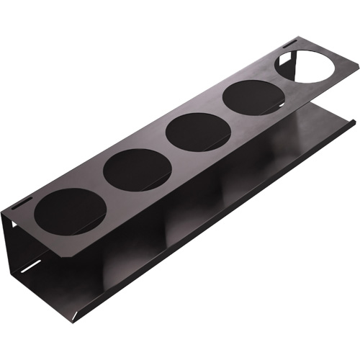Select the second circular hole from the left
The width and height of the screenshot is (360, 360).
point(137,170)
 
